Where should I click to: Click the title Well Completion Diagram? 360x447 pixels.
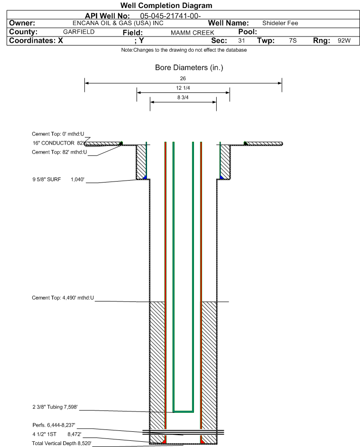coord(166,5)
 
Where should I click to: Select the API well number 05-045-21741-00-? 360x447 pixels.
coord(170,16)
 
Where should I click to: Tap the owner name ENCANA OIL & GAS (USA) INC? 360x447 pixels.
coord(118,23)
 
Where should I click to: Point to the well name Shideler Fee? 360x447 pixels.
coord(280,23)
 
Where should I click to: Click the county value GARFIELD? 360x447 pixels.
coord(79,32)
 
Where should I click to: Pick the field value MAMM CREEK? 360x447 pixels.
coord(192,33)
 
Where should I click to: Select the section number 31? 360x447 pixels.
coord(241,40)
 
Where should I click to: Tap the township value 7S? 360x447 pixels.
coord(293,40)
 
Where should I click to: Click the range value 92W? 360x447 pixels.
coord(344,40)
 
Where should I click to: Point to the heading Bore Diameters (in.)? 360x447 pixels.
coord(189,68)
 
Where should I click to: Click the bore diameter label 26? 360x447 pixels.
coord(183,78)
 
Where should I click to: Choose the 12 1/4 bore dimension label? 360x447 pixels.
coord(183,88)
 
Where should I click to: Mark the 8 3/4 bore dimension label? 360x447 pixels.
coord(183,98)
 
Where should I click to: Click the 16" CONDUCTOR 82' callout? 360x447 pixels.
coord(58,143)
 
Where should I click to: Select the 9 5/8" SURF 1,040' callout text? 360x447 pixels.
coord(58,179)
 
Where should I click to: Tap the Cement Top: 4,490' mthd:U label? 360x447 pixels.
coord(63,298)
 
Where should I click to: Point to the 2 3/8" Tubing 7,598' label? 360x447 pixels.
coord(55,407)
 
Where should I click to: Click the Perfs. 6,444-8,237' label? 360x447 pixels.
coord(54,425)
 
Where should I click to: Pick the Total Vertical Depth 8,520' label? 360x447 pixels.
coord(62,443)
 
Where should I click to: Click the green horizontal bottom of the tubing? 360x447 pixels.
coord(184,411)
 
